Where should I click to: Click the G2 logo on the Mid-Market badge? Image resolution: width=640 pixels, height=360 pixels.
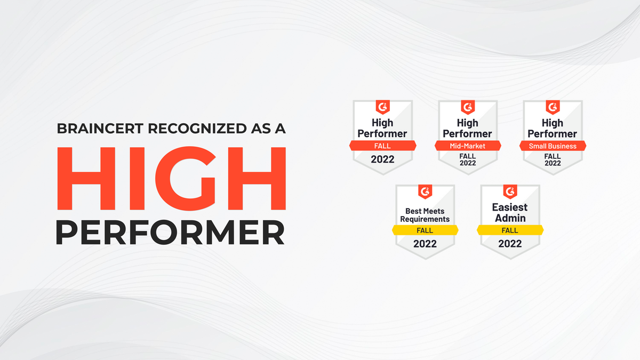coord(468,106)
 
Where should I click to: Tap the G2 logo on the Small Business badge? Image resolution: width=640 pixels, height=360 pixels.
coord(553,106)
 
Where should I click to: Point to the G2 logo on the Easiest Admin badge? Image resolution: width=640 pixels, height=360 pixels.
coord(510,191)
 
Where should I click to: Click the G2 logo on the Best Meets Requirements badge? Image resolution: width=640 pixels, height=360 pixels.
coord(425,191)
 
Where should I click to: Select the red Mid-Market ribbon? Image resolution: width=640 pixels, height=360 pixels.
coord(468,146)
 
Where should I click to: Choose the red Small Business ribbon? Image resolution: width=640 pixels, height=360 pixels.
coord(553,146)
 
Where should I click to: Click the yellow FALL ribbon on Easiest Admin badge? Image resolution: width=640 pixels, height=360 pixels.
coord(510,230)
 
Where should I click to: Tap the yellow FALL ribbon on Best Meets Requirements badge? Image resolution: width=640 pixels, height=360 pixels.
coord(425,230)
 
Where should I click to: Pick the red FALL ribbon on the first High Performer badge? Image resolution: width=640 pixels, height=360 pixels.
coord(382,146)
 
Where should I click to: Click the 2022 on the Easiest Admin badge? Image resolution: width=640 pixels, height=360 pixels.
coord(510,244)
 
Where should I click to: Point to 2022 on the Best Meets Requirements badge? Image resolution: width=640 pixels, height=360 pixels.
coord(425,244)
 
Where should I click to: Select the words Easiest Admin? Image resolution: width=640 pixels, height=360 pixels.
coord(510,212)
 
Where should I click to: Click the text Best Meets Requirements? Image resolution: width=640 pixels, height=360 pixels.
coord(425,215)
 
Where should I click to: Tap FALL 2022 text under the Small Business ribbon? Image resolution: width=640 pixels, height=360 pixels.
coord(553,159)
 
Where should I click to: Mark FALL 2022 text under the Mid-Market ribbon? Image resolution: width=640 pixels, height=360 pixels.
coord(468,159)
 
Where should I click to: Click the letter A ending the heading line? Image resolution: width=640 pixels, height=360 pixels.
coord(281,129)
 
